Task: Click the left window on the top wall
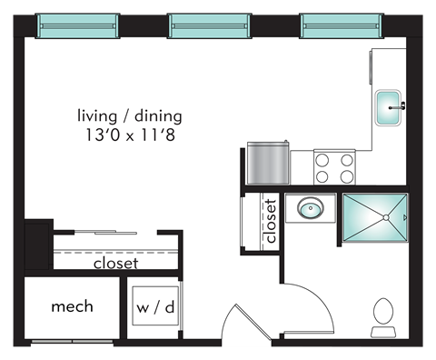click(x=77, y=26)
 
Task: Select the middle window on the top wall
click(x=210, y=26)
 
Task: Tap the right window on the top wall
click(x=342, y=26)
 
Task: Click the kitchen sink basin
click(x=388, y=107)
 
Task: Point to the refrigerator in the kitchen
click(x=268, y=163)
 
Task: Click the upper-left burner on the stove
click(x=322, y=160)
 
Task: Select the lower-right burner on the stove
click(x=347, y=176)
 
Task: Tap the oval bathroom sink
click(x=311, y=208)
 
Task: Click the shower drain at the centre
click(x=386, y=217)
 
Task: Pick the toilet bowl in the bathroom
click(x=383, y=311)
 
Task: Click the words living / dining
click(x=130, y=116)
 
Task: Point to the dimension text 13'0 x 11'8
click(x=130, y=135)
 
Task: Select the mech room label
click(x=72, y=306)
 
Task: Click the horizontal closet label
click(x=116, y=264)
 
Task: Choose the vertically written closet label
click(x=271, y=221)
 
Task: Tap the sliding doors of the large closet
click(x=105, y=232)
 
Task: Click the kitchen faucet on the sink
click(x=398, y=106)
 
